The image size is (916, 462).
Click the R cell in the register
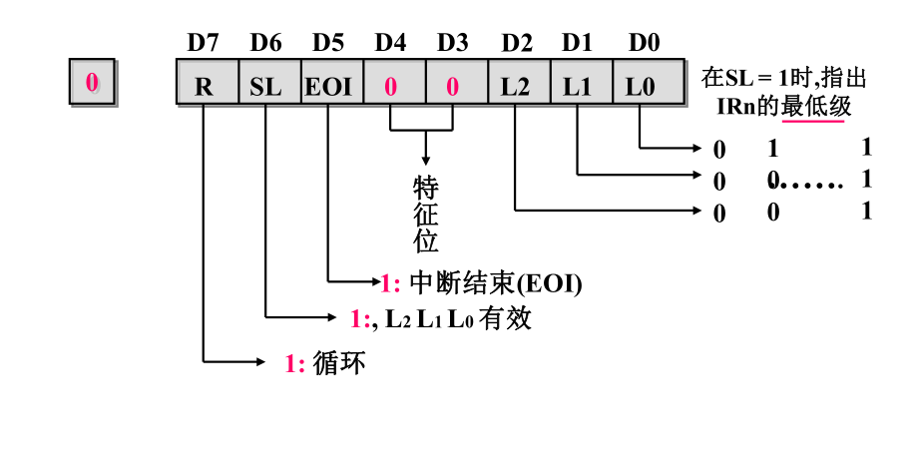pos(204,86)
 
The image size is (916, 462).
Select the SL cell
pos(266,86)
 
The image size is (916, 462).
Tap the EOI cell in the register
pos(328,86)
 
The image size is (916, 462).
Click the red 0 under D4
pos(390,86)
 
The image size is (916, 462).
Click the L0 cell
pos(640,86)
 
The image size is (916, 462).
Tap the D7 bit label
pos(203,43)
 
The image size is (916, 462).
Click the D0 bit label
pos(644,43)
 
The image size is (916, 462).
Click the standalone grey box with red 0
pos(92,83)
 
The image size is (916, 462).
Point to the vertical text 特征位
pos(426,214)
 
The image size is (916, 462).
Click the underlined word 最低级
pos(816,107)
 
